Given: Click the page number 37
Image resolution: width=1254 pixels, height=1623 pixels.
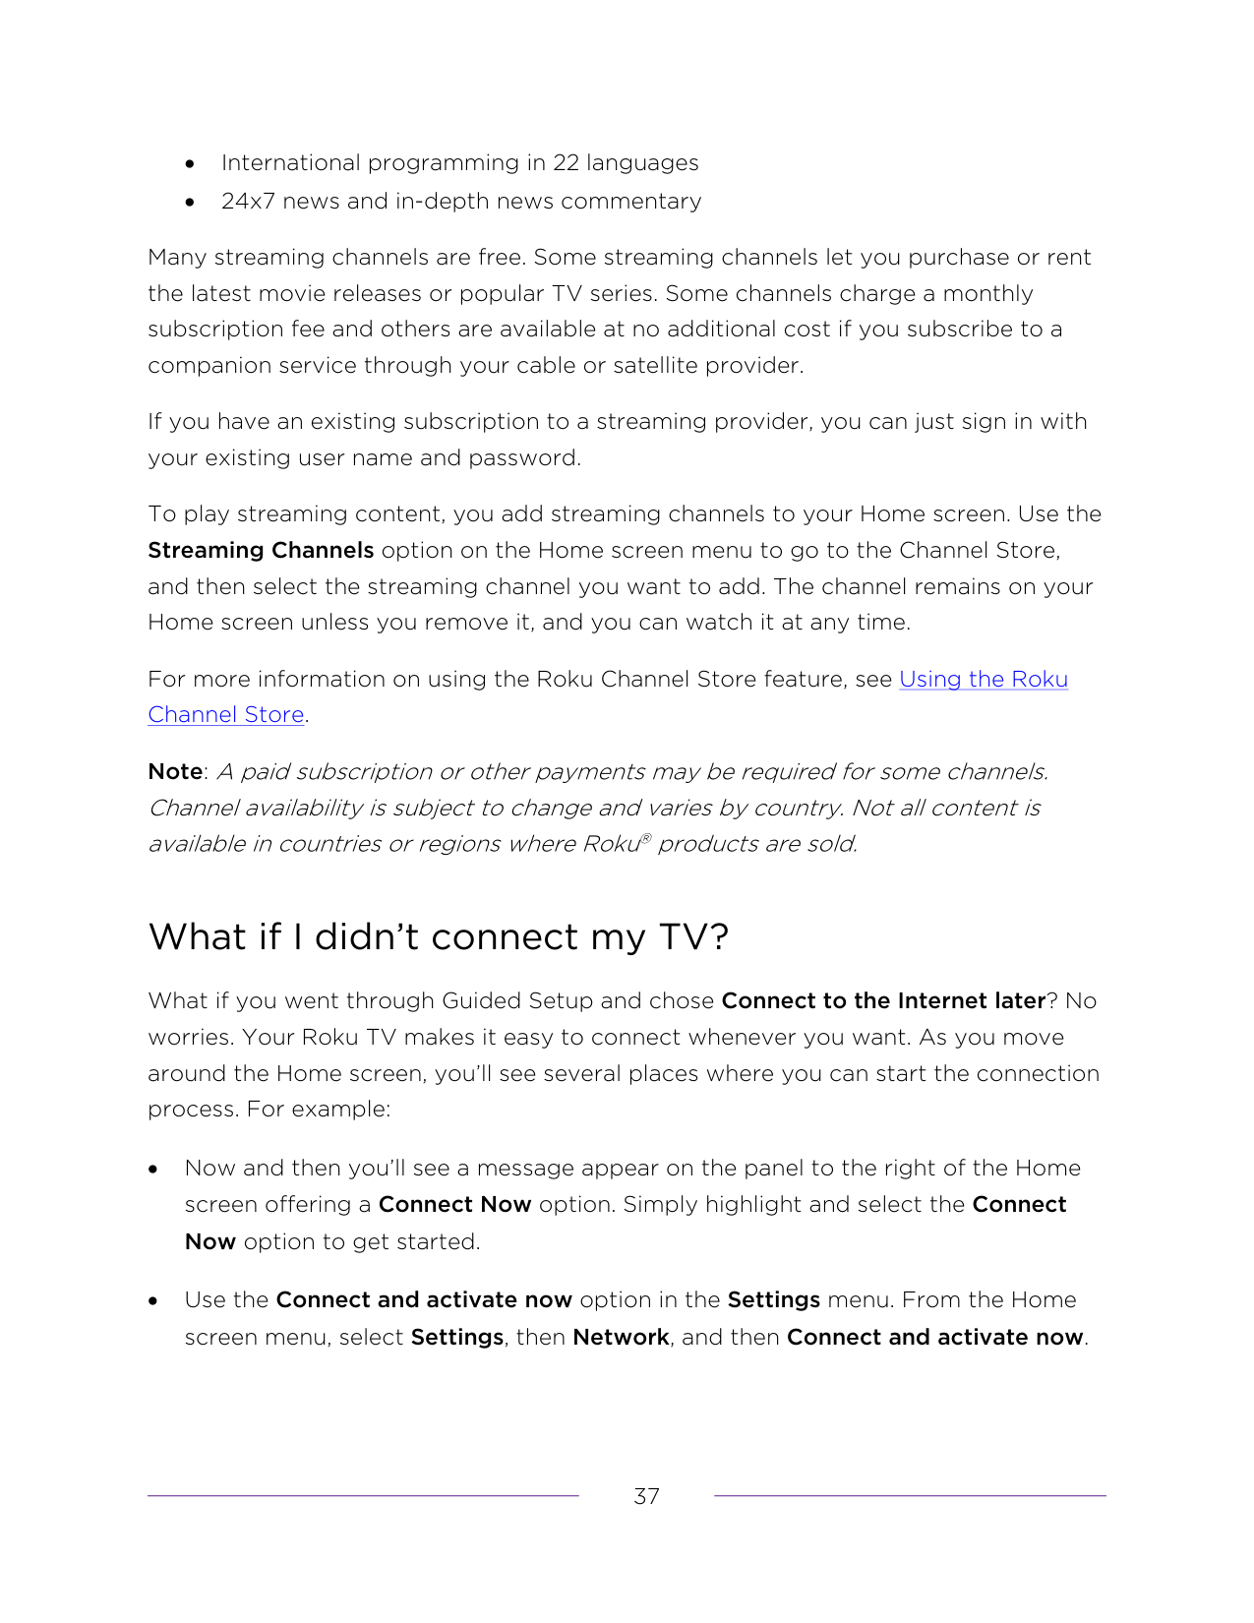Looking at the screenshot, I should click(646, 1496).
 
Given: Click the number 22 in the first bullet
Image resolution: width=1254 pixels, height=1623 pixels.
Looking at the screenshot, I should click(566, 163).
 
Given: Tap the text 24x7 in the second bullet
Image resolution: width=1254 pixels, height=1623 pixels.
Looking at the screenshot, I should click(248, 202).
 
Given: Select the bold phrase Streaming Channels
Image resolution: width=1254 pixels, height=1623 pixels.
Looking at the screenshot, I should click(261, 551).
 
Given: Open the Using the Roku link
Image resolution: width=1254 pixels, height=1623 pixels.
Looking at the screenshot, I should click(983, 680).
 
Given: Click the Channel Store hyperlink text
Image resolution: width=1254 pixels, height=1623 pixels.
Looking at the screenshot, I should click(226, 715).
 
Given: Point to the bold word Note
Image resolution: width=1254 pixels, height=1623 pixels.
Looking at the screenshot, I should click(175, 772).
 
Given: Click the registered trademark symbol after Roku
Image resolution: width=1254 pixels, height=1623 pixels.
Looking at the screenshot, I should click(646, 838).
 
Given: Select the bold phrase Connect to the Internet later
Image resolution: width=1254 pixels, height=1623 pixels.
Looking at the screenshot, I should click(882, 1001).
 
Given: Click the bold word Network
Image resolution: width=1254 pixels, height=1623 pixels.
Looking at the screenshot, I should click(621, 1338).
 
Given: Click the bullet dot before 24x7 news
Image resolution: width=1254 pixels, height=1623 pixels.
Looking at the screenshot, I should click(190, 203).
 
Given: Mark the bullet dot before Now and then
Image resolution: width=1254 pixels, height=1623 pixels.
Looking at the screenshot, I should click(153, 1170).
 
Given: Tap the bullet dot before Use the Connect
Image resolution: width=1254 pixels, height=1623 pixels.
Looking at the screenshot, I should click(153, 1301).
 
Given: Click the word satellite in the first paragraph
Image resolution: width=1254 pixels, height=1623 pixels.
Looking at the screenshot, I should click(654, 366).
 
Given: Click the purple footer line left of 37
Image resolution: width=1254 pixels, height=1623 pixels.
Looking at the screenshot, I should click(363, 1496).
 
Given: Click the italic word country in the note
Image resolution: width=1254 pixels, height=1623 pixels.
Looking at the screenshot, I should click(798, 809).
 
